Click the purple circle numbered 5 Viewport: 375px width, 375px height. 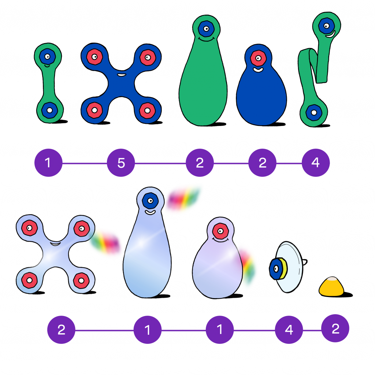tap(121, 163)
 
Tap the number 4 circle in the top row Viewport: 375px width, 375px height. tap(316, 163)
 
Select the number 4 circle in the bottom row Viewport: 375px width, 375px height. tap(289, 330)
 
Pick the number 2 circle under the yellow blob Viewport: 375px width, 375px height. tap(335, 329)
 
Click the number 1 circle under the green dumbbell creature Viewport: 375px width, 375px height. tap(48, 163)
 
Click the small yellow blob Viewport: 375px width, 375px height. tap(331, 287)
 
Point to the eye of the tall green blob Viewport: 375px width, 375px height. tap(206, 28)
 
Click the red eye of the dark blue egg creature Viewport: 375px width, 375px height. tap(259, 58)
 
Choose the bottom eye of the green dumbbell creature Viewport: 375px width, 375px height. tap(49, 109)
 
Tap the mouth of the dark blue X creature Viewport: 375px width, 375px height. tap(121, 75)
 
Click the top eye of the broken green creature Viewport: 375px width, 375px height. tap(325, 26)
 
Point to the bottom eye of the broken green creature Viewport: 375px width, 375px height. tap(313, 112)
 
